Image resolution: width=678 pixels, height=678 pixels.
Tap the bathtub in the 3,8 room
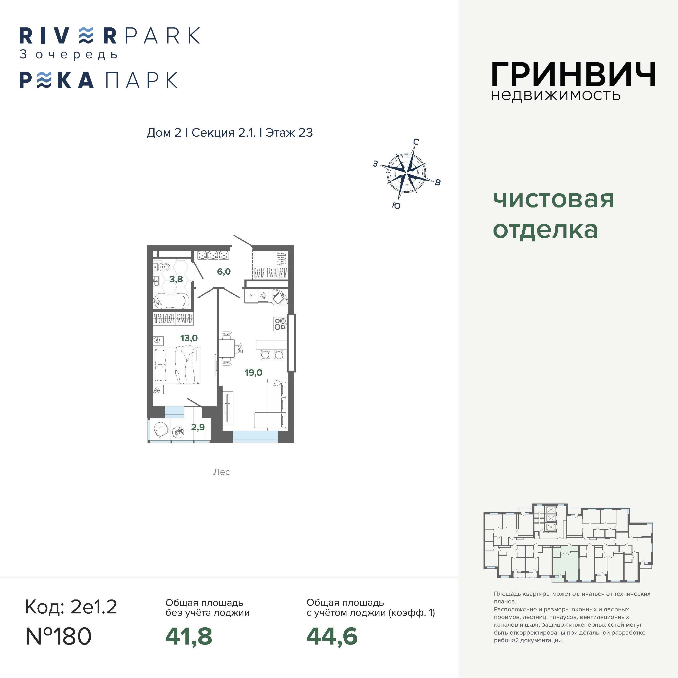[172, 301]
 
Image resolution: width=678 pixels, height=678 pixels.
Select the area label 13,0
[189, 338]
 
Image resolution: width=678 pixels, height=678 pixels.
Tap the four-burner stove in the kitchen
[280, 324]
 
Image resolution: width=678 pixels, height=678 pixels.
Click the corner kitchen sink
[280, 298]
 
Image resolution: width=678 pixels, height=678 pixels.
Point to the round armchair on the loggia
[161, 429]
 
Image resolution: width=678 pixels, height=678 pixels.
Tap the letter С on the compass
[416, 142]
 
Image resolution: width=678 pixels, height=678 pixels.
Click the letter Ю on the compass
[396, 206]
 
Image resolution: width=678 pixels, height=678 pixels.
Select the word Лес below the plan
[221, 472]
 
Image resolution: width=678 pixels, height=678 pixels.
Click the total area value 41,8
[189, 636]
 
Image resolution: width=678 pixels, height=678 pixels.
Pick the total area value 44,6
[332, 636]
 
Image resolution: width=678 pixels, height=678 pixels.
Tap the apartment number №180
[59, 636]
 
